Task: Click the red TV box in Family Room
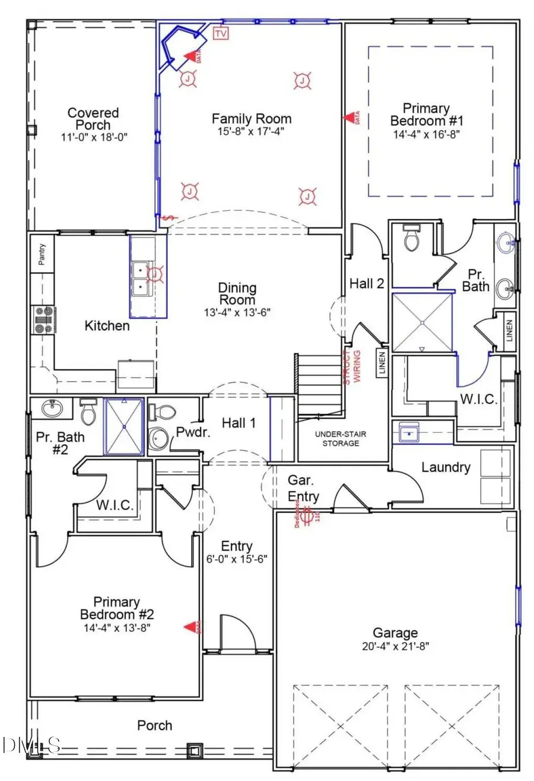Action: (221, 34)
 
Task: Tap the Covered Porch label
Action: (93, 119)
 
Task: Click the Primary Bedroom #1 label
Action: (425, 114)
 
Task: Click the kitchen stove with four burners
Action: (44, 318)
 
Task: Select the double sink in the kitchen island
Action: (141, 279)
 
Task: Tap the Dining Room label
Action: (237, 294)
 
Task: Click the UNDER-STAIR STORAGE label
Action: (345, 438)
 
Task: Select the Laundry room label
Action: (446, 467)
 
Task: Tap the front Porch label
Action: (155, 725)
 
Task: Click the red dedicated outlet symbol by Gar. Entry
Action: (308, 516)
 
